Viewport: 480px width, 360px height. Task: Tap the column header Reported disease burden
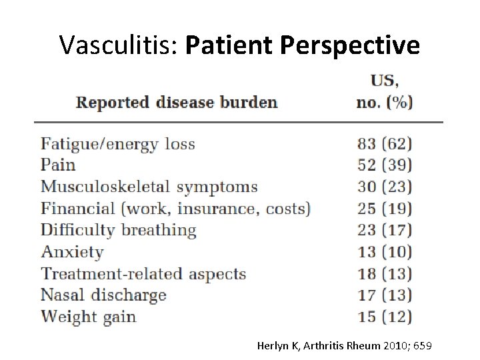point(176,102)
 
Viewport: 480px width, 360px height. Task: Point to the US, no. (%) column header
point(385,92)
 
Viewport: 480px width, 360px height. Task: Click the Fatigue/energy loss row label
point(117,143)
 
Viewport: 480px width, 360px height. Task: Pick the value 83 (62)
point(385,143)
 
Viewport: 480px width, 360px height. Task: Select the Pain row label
point(58,165)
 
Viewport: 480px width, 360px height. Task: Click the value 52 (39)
point(385,165)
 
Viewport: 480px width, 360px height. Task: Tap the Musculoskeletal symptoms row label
point(149,187)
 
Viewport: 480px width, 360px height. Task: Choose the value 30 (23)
point(385,187)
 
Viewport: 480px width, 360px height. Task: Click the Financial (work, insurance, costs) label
point(175,209)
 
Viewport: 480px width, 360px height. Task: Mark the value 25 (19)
point(385,209)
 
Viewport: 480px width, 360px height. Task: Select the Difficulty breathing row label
point(118,231)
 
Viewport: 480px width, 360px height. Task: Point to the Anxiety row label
point(72,252)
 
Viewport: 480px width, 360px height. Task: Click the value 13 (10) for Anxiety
point(385,252)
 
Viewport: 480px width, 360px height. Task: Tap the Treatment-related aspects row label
point(143,274)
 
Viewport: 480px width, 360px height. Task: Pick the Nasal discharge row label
point(103,295)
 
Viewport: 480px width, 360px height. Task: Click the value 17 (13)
point(385,295)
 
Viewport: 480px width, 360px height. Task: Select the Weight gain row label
point(88,316)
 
